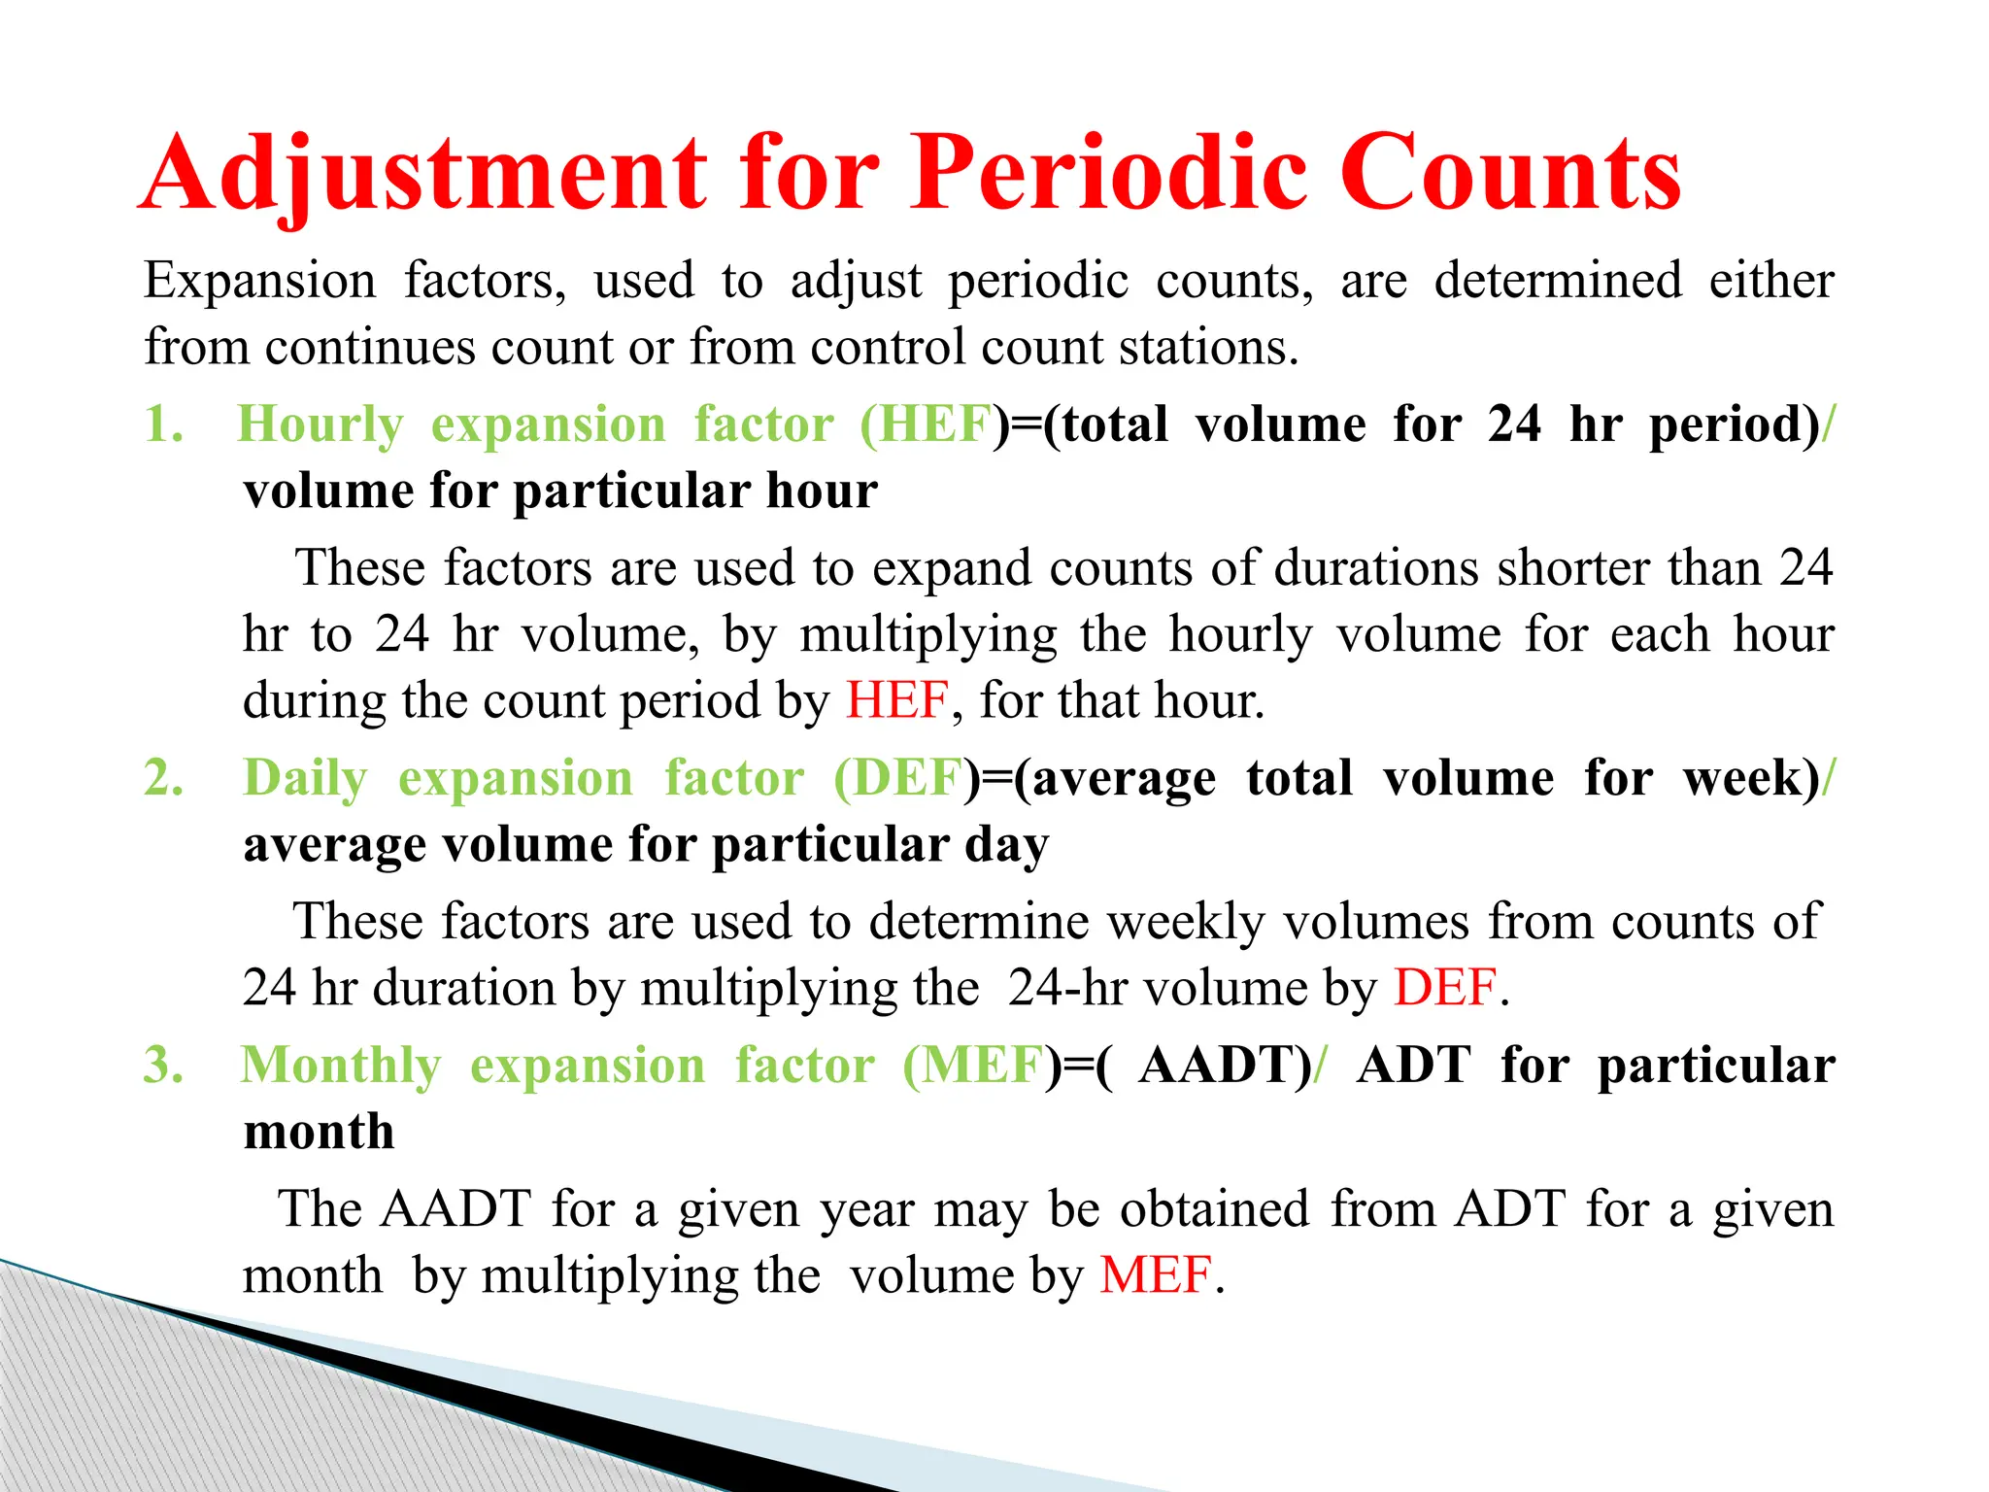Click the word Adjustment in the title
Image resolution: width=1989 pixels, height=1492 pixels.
point(425,175)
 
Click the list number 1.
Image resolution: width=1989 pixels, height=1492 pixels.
point(163,424)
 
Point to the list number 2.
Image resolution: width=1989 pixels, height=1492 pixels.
point(163,778)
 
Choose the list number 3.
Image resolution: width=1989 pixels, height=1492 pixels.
point(163,1066)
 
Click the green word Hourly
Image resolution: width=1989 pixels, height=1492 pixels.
point(320,425)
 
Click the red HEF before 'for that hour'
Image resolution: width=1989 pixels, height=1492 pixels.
point(896,700)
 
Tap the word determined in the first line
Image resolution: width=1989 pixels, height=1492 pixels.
point(1558,281)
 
